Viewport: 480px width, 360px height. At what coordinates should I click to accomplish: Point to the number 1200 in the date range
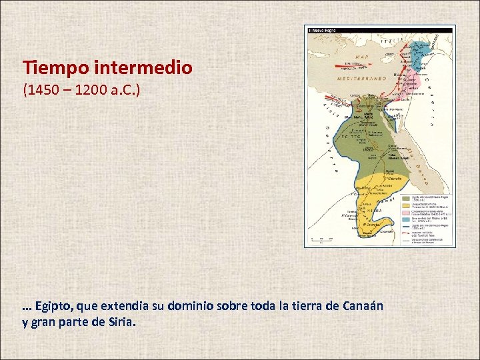[90, 90]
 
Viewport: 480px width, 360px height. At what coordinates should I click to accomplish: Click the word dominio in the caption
[190, 307]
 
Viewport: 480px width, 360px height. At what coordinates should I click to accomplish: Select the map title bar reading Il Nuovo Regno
[380, 29]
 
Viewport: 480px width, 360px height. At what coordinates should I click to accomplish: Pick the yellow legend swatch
[405, 205]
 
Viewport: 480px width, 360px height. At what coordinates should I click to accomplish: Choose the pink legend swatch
[405, 213]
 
